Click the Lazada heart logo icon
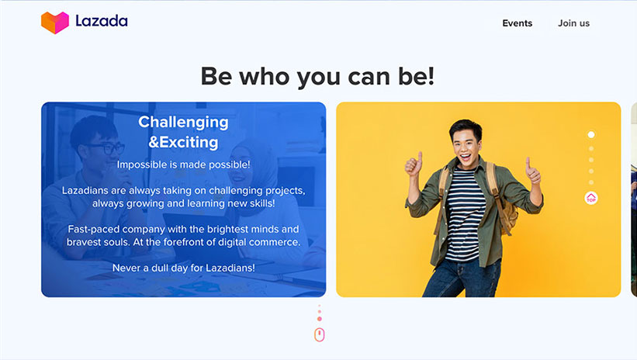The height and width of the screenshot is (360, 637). point(55,22)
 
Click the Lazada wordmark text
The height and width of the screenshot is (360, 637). point(102,21)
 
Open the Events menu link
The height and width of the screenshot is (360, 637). point(518,23)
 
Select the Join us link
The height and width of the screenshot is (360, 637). point(573,23)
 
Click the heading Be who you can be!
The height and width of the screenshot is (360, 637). point(317,76)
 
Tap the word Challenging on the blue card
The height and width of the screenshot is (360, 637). point(183,122)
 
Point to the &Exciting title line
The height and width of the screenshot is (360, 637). point(183,142)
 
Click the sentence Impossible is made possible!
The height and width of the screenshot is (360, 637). point(184,164)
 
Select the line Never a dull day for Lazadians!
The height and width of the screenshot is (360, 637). point(184,268)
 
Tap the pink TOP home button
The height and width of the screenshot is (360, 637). point(591,198)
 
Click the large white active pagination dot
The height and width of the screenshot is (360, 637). point(591,134)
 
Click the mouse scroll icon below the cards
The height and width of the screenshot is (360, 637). point(320,335)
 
